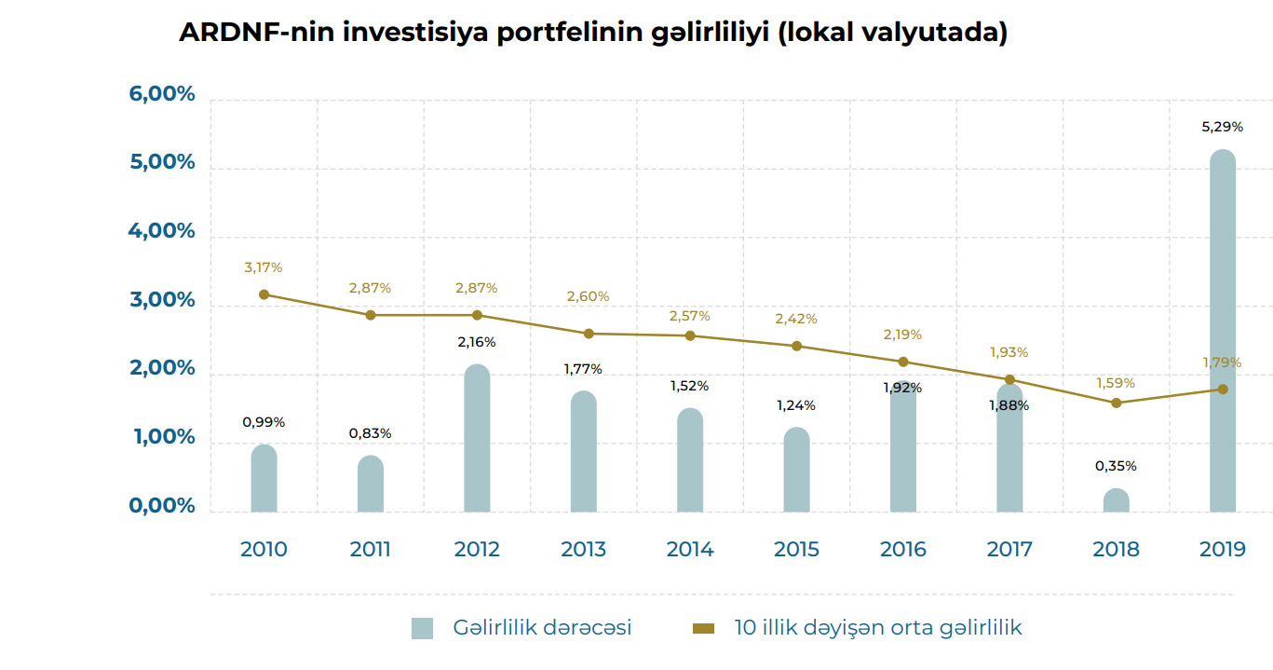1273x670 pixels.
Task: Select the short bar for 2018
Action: pos(1116,500)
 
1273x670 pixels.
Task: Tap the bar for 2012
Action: pos(477,438)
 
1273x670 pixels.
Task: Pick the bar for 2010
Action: pos(264,478)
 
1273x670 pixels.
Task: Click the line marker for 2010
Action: pos(264,294)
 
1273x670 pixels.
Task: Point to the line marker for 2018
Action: pos(1116,403)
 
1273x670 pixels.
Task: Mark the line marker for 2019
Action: pos(1223,390)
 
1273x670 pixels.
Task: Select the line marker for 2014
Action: pos(690,335)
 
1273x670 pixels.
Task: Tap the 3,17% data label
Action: pos(264,267)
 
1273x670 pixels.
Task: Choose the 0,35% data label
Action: pos(1116,466)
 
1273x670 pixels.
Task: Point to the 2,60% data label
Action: pos(589,296)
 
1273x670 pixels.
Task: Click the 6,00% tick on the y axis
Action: pos(162,94)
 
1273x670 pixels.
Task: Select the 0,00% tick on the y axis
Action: pos(162,506)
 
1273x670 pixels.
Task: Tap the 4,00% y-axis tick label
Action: pos(162,231)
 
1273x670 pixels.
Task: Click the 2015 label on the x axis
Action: pos(796,549)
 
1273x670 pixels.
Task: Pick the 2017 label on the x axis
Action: pos(1009,549)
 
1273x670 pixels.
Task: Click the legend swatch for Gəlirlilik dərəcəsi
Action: pos(422,628)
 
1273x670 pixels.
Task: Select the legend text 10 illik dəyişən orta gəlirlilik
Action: pos(877,628)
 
